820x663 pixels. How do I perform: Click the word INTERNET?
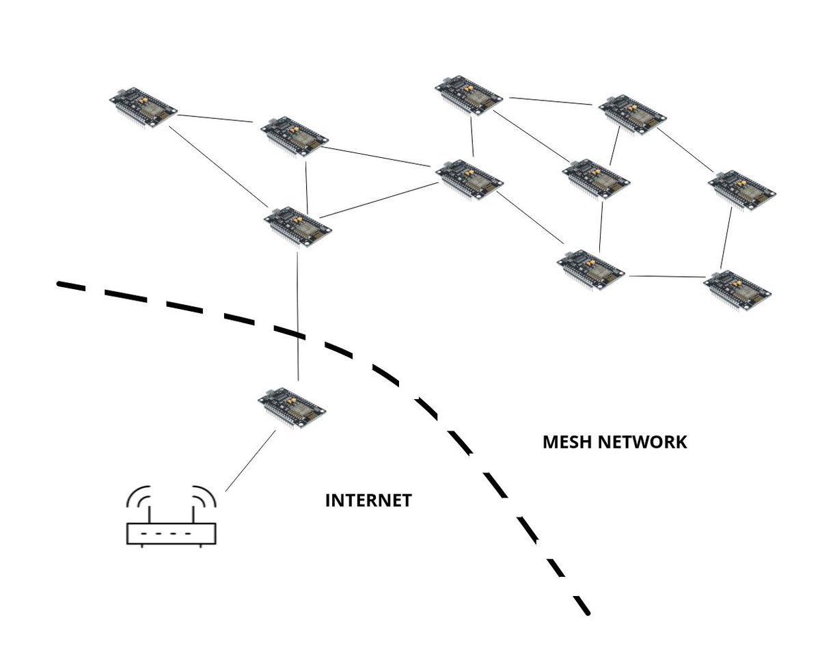[368, 501]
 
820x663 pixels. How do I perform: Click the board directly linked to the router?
[292, 407]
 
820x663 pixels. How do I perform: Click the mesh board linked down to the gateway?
[298, 226]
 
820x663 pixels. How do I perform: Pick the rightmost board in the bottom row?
[739, 290]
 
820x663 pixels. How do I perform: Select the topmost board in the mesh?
[469, 95]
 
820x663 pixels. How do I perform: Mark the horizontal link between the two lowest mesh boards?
[666, 277]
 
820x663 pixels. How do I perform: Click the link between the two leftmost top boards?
[215, 118]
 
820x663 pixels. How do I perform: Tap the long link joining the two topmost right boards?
[550, 101]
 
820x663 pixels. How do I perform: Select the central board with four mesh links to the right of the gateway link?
[470, 179]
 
